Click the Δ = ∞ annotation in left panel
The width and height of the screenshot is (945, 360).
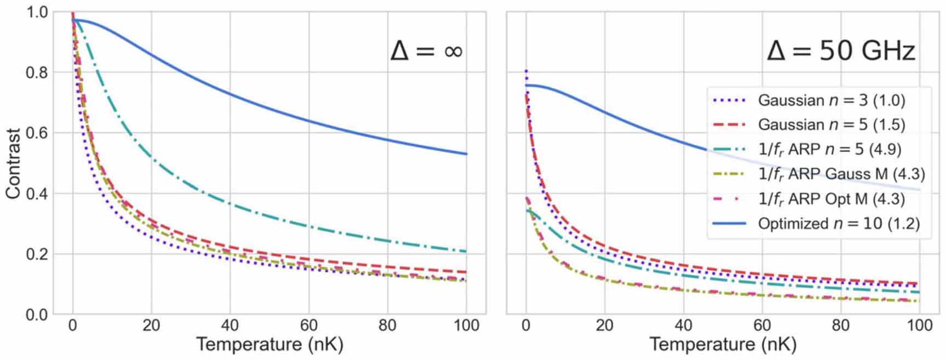point(426,52)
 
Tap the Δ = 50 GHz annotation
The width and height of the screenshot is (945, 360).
point(840,52)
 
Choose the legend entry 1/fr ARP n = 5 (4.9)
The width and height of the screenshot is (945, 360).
point(829,150)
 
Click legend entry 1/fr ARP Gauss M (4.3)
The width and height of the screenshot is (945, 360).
point(841,174)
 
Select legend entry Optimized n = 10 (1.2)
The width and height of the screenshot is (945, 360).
point(838,224)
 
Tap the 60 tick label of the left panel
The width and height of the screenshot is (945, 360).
point(308,325)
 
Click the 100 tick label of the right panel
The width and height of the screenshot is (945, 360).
point(919,325)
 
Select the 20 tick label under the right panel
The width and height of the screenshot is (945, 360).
point(604,325)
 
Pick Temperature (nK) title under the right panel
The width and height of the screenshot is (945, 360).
point(723,345)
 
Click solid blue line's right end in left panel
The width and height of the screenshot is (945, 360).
point(467,154)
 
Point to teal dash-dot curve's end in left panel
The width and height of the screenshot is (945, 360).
point(467,252)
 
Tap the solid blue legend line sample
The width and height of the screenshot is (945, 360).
point(729,224)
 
